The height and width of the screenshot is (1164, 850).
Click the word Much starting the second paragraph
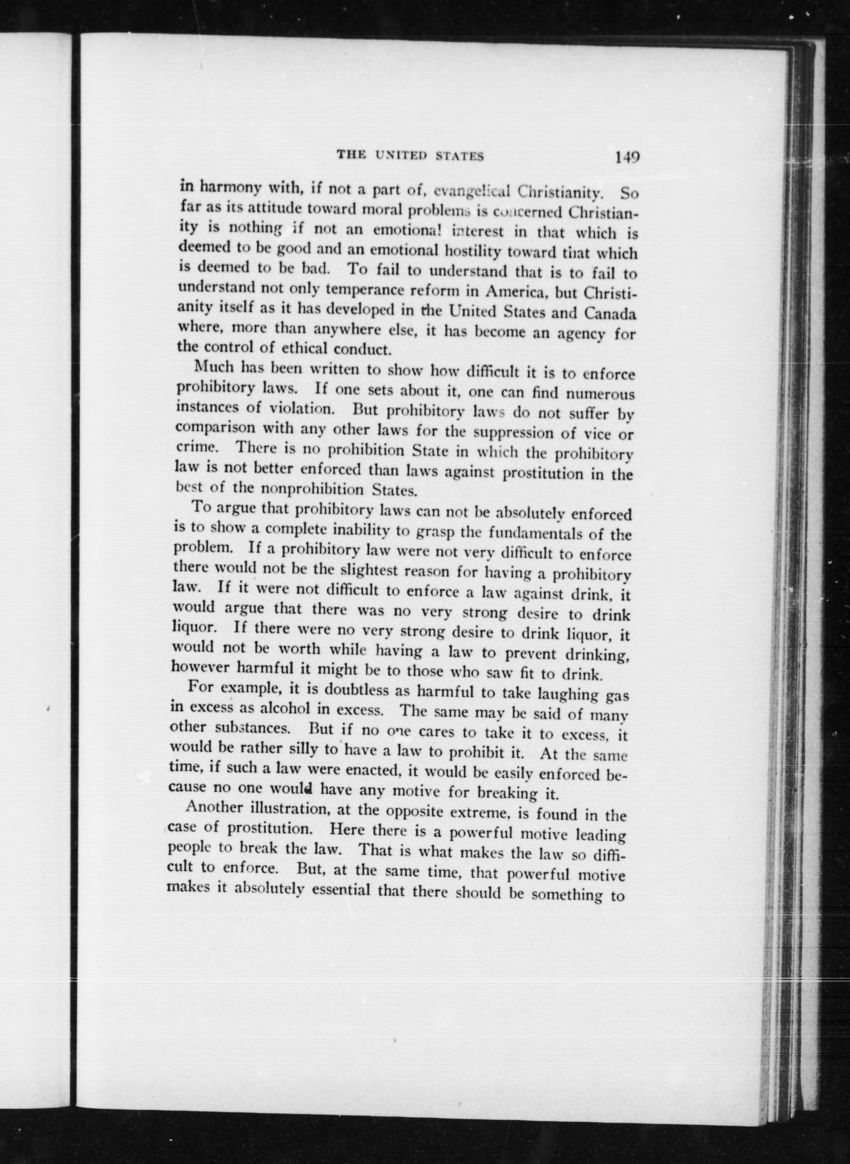point(212,367)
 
